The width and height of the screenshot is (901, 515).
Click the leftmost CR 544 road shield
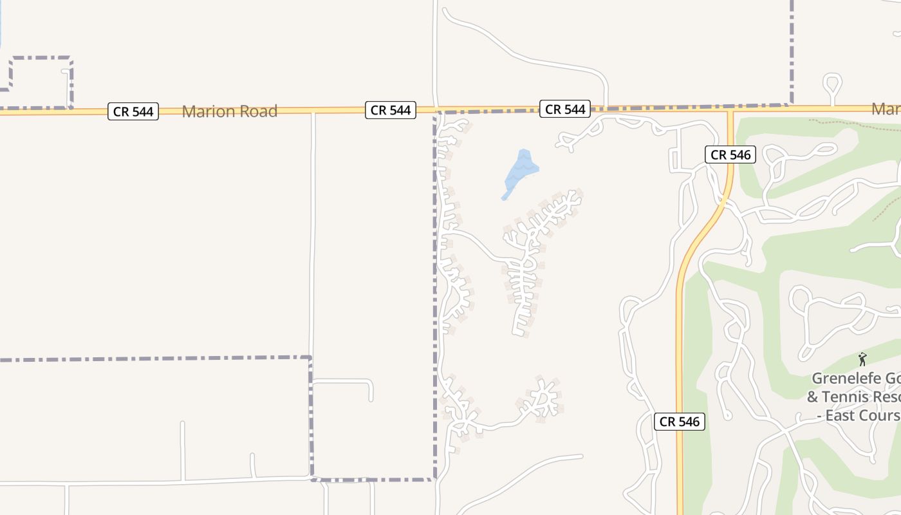[133, 111]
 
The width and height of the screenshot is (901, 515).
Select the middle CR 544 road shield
[391, 110]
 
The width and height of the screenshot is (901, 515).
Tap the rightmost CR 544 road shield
[565, 109]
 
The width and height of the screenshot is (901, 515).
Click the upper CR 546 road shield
[730, 154]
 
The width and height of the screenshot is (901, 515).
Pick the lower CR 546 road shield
[679, 422]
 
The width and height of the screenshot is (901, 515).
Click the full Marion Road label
[229, 111]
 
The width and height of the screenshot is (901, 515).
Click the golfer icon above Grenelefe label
[862, 359]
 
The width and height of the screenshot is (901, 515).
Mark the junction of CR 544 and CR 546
[730, 109]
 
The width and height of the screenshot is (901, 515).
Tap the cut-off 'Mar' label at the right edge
[886, 109]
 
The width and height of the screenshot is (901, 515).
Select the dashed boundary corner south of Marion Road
[310, 358]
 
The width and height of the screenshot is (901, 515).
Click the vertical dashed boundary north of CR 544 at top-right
[792, 51]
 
